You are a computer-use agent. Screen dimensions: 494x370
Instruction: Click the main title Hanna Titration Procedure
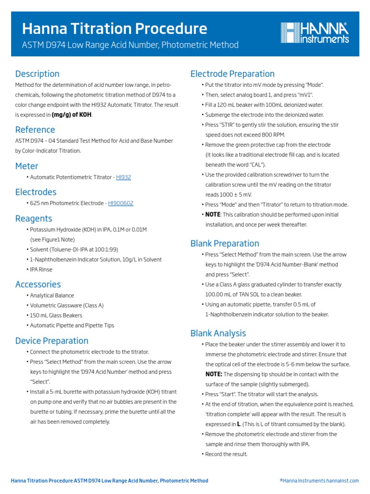[115, 28]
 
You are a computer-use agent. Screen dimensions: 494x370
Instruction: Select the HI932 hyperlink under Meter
[123, 177]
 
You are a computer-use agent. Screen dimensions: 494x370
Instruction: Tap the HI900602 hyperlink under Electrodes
[120, 203]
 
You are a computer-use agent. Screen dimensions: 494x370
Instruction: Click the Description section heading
[37, 74]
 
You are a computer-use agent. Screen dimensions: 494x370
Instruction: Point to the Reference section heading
[35, 129]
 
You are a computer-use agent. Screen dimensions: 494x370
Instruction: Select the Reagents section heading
[33, 219]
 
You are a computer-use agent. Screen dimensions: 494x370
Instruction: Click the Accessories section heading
[38, 284]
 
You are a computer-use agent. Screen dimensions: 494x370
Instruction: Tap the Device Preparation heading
[52, 341]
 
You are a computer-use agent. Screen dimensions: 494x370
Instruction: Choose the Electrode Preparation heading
[232, 74]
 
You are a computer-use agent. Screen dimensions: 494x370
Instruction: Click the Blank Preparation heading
[225, 244]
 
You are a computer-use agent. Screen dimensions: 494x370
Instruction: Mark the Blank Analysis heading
[218, 333]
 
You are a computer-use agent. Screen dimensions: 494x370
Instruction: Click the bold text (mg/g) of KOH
[72, 115]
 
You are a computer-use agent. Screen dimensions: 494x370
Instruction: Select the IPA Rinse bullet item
[41, 270]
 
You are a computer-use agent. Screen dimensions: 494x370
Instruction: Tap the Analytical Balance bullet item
[52, 295]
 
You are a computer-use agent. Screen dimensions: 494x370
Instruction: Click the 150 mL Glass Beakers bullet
[56, 316]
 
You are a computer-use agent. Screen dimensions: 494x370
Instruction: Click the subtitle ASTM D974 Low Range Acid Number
[130, 45]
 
